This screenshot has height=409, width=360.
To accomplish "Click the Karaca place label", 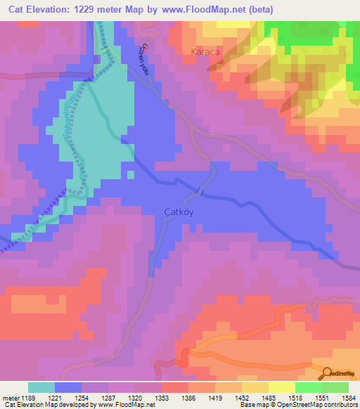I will (x=207, y=52).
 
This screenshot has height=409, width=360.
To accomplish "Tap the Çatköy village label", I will (x=178, y=210).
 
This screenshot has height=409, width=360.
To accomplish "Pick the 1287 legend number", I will (x=108, y=398).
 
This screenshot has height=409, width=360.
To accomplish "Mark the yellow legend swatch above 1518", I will (x=281, y=387).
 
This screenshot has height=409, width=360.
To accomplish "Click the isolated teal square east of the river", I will (x=131, y=174).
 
